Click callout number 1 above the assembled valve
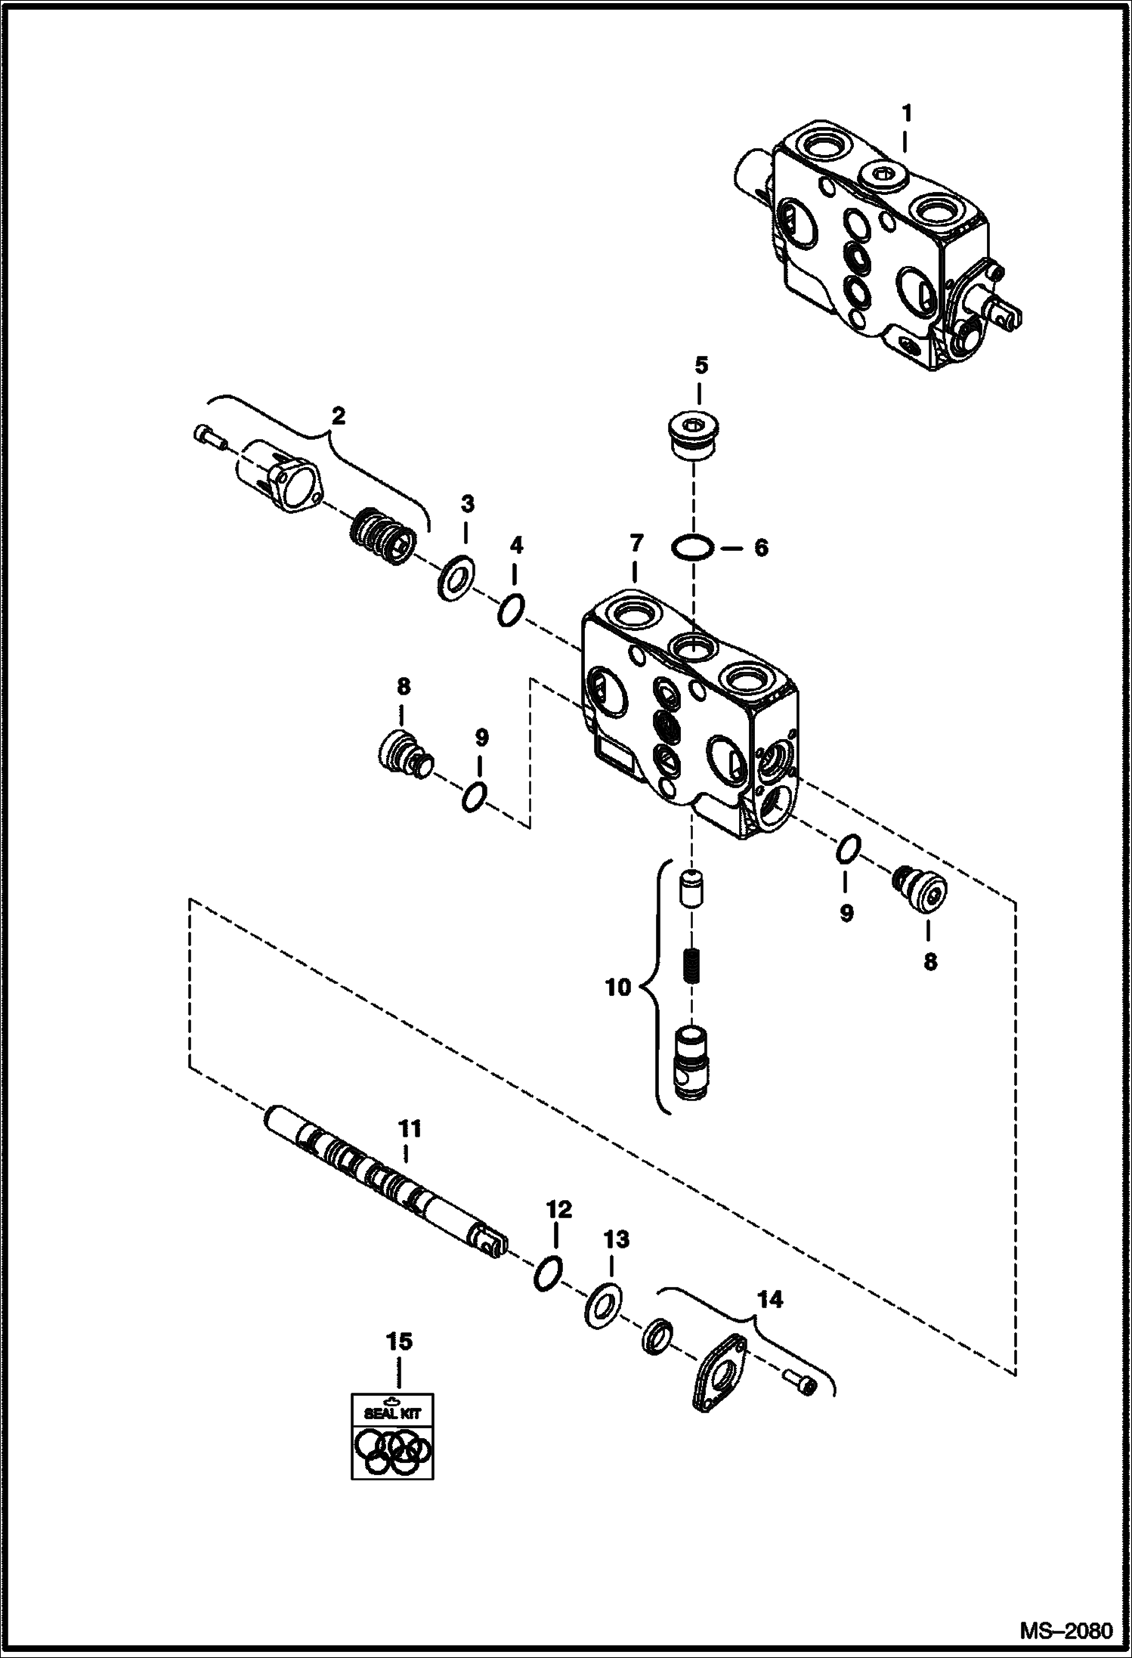coord(906,114)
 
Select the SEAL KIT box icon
coord(392,1435)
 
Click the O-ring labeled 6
coord(693,546)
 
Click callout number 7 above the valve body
coord(635,543)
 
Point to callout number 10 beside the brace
coord(619,986)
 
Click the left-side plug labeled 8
coord(401,751)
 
